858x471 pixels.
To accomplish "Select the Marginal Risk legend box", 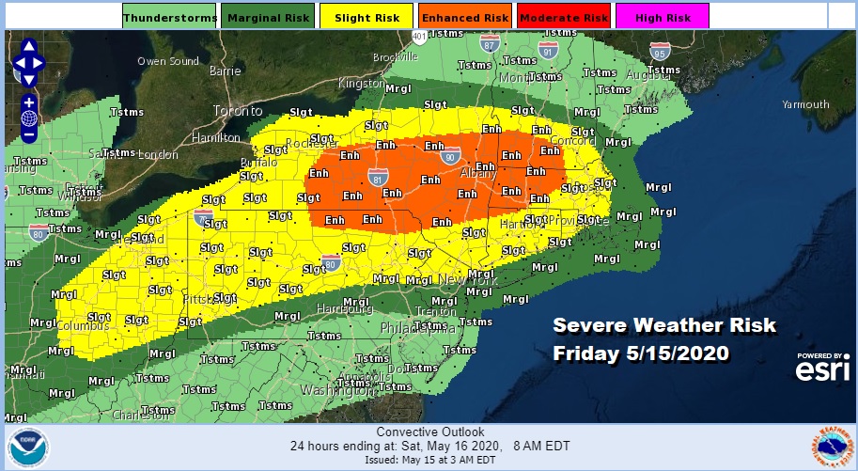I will (x=268, y=16).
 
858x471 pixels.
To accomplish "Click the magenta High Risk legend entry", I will (x=663, y=16).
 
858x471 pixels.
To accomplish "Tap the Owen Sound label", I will (x=167, y=62).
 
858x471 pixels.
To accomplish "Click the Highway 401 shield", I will (x=418, y=36).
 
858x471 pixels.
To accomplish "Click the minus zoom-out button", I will (x=29, y=134).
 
